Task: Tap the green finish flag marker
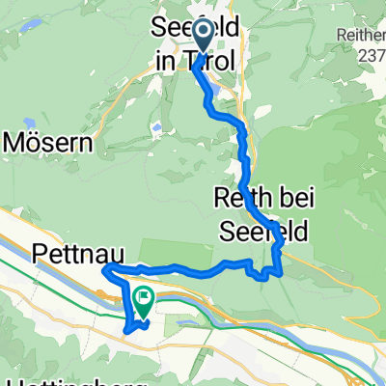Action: pyautogui.click(x=144, y=302)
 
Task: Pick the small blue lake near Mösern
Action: pyautogui.click(x=155, y=126)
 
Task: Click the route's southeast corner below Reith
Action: pyautogui.click(x=281, y=274)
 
